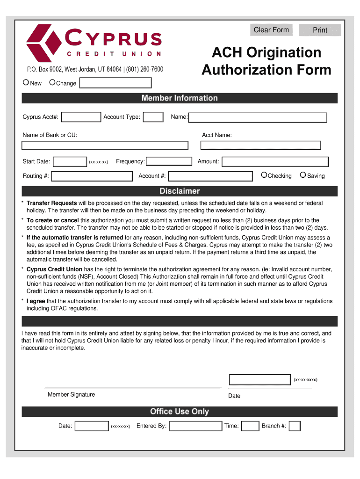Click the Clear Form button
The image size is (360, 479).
[271, 30]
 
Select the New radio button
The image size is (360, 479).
[26, 83]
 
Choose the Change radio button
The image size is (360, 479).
[52, 83]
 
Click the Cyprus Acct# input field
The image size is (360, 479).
[81, 117]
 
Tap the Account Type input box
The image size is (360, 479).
[153, 117]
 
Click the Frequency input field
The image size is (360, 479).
[169, 161]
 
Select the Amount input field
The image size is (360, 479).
[275, 162]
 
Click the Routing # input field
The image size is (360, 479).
[92, 176]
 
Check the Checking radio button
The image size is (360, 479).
[264, 175]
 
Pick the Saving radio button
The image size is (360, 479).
[303, 175]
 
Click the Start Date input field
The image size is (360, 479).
[70, 162]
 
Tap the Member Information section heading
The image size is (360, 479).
[180, 98]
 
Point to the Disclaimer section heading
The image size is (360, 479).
[180, 191]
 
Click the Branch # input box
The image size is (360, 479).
[295, 426]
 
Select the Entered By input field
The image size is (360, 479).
[195, 426]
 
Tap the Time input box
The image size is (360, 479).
[250, 426]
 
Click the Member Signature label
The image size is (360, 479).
[71, 395]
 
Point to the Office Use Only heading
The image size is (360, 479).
[180, 412]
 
